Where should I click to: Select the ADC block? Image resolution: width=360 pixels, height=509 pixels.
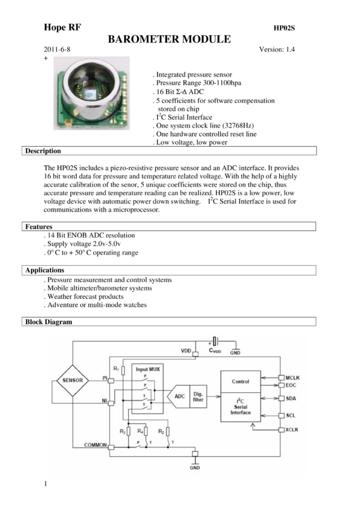(179, 396)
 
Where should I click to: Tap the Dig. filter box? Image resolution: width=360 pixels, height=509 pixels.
(198, 396)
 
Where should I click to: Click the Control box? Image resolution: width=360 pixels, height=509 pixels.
(240, 381)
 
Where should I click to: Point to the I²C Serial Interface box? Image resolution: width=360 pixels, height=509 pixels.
(240, 408)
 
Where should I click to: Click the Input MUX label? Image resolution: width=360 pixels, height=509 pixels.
(147, 369)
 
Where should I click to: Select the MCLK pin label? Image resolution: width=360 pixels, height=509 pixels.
(294, 377)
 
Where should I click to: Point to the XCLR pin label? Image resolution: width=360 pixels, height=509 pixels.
(294, 429)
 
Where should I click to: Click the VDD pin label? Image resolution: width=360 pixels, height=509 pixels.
(186, 351)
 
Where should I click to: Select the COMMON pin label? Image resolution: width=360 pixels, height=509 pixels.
(94, 446)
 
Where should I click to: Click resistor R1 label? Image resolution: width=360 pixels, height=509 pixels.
(116, 369)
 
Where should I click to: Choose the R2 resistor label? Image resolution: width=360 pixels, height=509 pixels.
(161, 431)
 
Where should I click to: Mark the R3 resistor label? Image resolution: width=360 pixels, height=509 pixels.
(122, 431)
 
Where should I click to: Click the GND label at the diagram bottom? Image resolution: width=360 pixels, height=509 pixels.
(195, 466)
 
